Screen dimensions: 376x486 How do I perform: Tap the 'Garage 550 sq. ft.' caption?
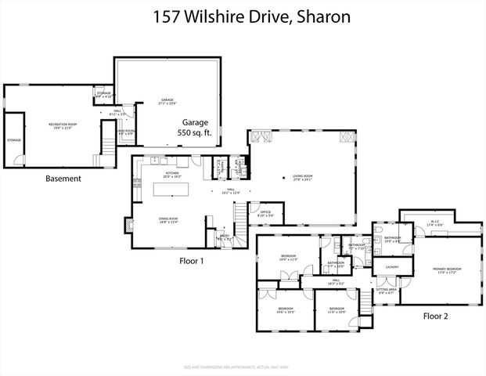[x=196, y=128]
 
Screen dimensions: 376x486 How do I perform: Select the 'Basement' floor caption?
[x=63, y=178]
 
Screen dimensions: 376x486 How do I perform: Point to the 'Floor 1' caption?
[x=191, y=260]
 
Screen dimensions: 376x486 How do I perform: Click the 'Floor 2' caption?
[x=436, y=316]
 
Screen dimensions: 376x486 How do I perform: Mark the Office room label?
[x=265, y=212]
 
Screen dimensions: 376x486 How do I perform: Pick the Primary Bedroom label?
[x=447, y=270]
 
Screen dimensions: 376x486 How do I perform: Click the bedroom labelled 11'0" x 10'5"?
[x=337, y=311]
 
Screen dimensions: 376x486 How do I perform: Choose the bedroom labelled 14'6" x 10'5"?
[x=285, y=311]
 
